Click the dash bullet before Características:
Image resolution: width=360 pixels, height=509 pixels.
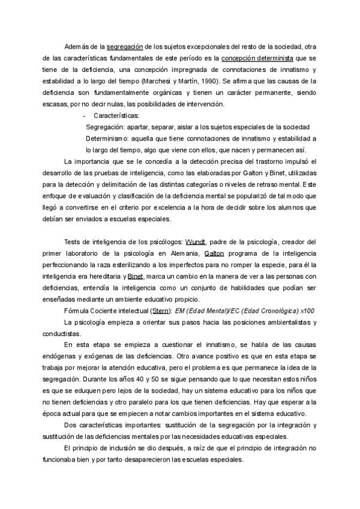pos(84,115)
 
